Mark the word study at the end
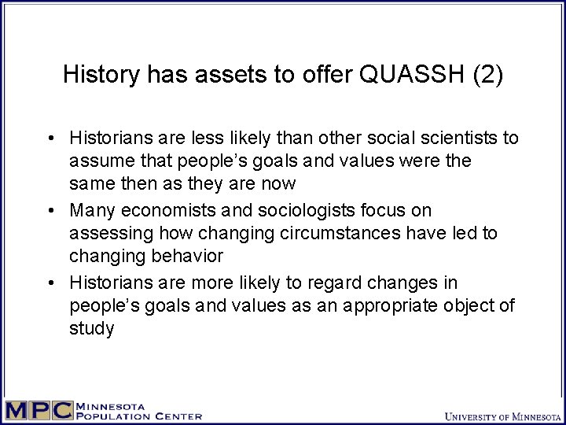91,329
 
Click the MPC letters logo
39,411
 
